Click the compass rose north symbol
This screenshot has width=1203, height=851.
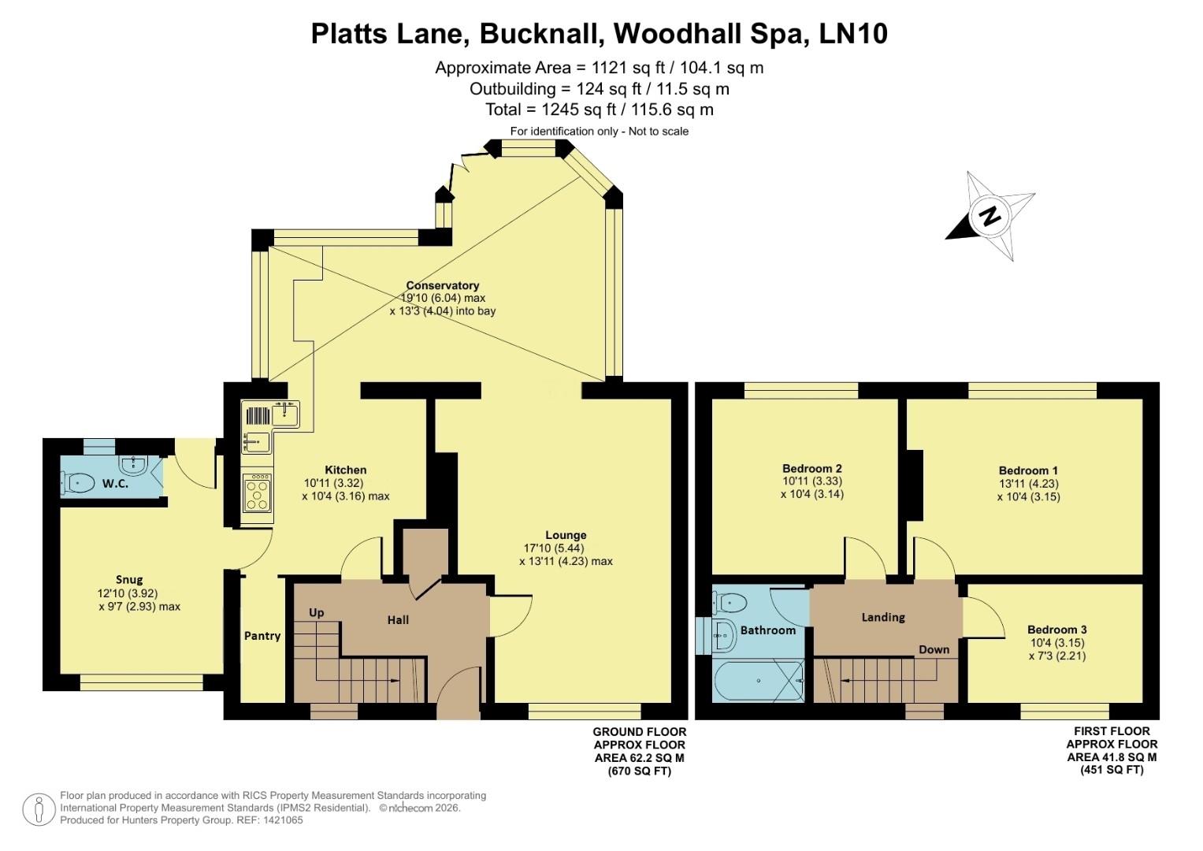tap(990, 215)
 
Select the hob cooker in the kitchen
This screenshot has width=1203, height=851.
tap(257, 496)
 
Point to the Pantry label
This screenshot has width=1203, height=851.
tap(262, 636)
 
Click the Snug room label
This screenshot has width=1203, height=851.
tap(129, 580)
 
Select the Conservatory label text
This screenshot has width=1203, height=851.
tap(442, 285)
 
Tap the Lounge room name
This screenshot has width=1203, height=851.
tap(566, 535)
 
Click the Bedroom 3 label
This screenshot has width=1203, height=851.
tap(1056, 630)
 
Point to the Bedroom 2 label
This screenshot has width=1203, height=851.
tap(811, 468)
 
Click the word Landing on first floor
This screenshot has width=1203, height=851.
tap(882, 617)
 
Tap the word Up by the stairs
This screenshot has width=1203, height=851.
tap(317, 612)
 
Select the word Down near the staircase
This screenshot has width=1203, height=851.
tap(934, 649)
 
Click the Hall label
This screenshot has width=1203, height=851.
tap(398, 620)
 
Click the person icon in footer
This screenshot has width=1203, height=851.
tap(38, 809)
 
